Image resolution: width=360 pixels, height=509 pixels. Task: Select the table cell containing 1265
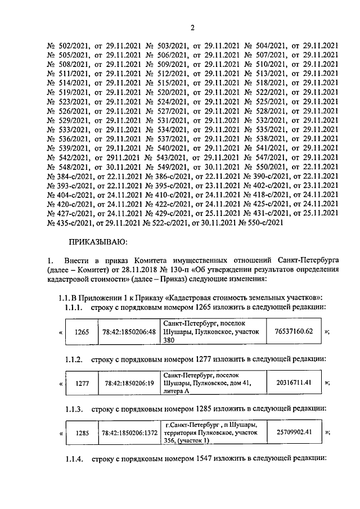pos(82,332)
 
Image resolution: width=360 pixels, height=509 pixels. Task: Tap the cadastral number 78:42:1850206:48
pos(130,332)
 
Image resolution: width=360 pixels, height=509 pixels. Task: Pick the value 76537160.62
pos(294,331)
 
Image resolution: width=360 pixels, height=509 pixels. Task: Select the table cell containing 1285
pos(82,433)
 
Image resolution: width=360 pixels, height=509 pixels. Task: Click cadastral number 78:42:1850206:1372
pos(130,433)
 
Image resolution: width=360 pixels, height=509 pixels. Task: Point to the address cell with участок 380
pos(213,332)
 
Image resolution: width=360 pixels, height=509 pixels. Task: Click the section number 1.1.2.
pos(74,359)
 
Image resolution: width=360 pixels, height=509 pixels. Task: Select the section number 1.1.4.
pos(74,460)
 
